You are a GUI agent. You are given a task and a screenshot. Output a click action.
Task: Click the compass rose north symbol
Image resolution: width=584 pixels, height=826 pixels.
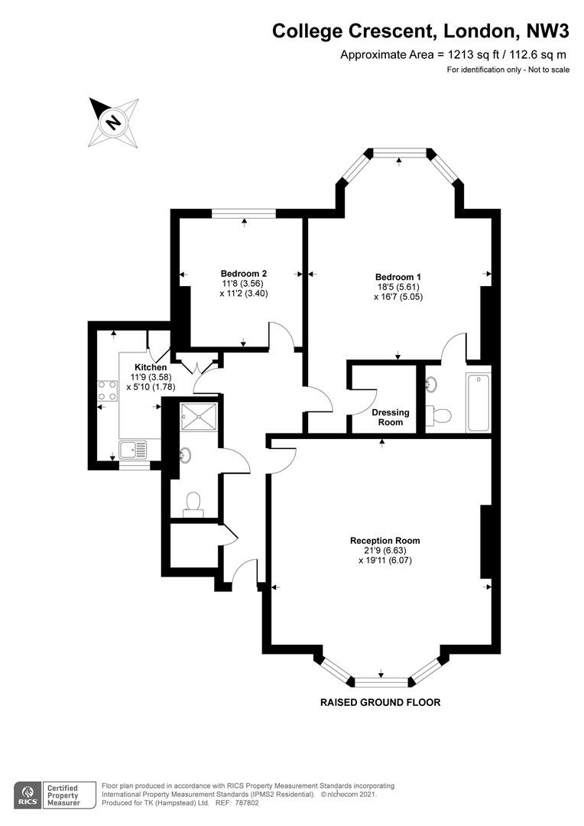[113, 122]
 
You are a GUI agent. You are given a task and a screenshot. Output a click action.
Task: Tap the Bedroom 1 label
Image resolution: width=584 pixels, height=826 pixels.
[398, 277]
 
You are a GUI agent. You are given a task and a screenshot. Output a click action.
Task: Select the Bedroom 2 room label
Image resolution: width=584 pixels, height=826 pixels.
[244, 273]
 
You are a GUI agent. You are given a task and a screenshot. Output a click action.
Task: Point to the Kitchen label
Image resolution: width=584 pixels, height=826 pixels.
[151, 367]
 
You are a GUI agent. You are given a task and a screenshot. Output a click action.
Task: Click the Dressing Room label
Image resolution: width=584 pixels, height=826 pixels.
[390, 418]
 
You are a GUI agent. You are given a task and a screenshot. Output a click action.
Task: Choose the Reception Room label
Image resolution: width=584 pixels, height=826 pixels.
[385, 541]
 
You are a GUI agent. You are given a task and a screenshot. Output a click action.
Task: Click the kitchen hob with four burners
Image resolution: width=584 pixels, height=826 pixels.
[108, 390]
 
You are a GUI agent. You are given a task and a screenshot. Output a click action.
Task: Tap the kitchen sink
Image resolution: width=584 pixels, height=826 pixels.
[133, 450]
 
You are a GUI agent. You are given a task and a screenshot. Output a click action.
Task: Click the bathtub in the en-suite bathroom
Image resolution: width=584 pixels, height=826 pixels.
[479, 402]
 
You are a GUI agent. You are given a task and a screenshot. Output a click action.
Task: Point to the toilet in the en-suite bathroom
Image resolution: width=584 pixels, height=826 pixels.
[439, 415]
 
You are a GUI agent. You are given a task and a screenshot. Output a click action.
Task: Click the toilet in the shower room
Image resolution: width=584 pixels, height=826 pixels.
[193, 503]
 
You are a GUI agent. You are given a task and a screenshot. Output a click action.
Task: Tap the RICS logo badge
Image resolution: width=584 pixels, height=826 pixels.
[28, 795]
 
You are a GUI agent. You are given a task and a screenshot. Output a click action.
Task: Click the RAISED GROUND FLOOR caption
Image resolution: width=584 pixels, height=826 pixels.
[380, 702]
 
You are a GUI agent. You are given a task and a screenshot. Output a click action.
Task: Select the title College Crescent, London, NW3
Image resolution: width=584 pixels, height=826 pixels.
[420, 31]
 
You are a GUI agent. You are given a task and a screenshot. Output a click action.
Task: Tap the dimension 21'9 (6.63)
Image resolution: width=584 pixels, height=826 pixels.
[385, 551]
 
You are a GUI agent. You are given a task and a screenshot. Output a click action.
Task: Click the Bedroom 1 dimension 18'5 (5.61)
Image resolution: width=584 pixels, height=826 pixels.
[398, 287]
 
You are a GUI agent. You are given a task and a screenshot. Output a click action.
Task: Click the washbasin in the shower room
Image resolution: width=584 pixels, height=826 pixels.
[184, 455]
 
